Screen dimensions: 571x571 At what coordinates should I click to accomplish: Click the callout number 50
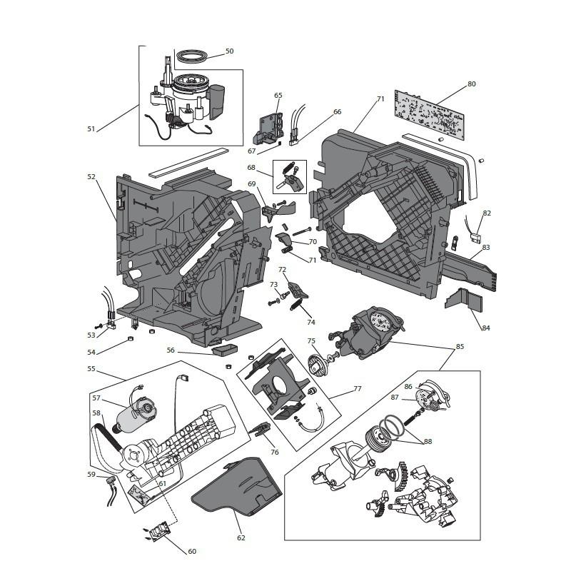(229, 51)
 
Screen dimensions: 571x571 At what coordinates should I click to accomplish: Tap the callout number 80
(471, 84)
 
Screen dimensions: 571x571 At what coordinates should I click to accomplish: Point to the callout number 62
(241, 537)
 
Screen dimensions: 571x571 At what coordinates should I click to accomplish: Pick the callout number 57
(96, 398)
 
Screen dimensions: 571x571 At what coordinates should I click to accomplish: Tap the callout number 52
(91, 176)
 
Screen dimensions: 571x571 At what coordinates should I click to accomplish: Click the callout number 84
(485, 328)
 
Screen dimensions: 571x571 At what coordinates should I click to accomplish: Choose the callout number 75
(311, 341)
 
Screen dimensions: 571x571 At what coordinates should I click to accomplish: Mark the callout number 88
(428, 441)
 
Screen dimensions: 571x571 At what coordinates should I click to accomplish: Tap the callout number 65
(278, 95)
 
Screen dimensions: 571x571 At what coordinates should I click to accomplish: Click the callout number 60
(192, 551)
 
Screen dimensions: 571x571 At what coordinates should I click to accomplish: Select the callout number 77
(357, 389)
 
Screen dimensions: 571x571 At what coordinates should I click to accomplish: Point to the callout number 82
(487, 213)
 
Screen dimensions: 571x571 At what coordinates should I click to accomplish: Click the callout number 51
(91, 129)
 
